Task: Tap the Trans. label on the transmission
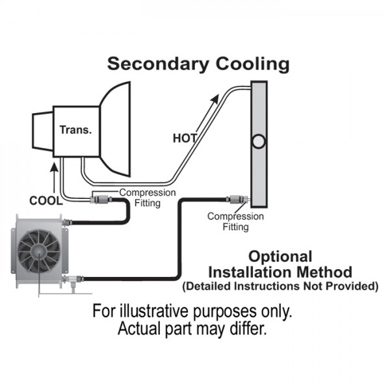coord(75,129)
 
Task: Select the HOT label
coord(185,138)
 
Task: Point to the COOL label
coord(45,199)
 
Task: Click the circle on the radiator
coord(258,141)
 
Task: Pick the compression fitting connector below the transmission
coord(97,196)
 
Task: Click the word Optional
coord(281,256)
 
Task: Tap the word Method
coord(330,271)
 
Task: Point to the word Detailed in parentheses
coord(208,285)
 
